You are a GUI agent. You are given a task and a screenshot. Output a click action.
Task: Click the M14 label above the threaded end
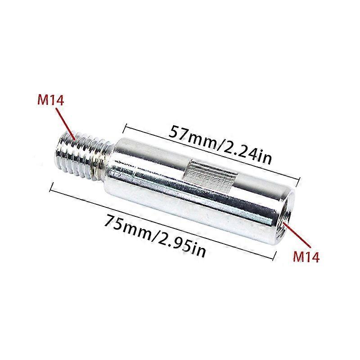point(50,100)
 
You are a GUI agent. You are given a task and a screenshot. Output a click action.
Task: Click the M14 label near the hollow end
point(306,256)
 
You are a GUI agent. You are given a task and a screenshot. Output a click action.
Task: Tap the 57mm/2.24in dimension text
point(220,145)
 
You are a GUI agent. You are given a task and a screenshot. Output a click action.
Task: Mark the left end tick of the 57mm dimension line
point(124,129)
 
